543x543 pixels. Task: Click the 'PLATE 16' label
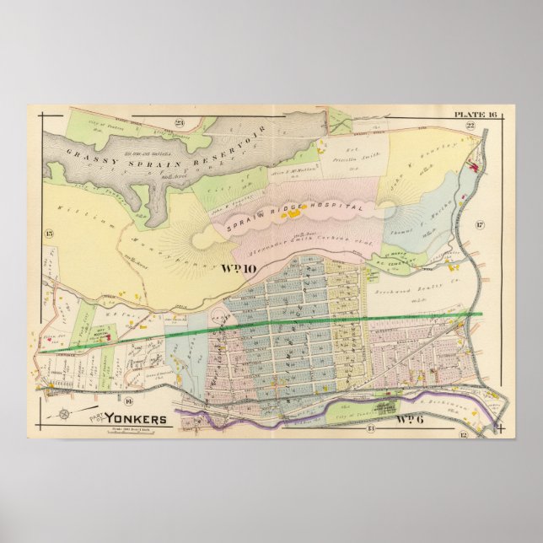click(x=476, y=114)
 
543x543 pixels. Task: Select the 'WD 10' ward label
click(x=239, y=269)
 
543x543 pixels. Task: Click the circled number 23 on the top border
click(x=180, y=124)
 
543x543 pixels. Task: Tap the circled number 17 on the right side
click(x=478, y=225)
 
